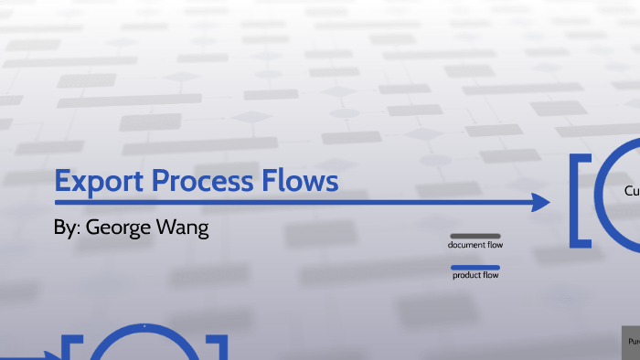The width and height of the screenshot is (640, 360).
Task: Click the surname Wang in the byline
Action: click(x=187, y=228)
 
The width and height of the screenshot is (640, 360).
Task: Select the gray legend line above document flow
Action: click(x=475, y=236)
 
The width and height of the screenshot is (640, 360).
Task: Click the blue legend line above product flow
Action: click(x=475, y=268)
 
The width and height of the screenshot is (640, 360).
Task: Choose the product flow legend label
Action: click(x=475, y=276)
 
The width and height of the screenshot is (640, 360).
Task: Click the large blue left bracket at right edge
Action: click(x=580, y=201)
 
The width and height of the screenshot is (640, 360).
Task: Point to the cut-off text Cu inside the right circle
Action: click(x=631, y=192)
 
